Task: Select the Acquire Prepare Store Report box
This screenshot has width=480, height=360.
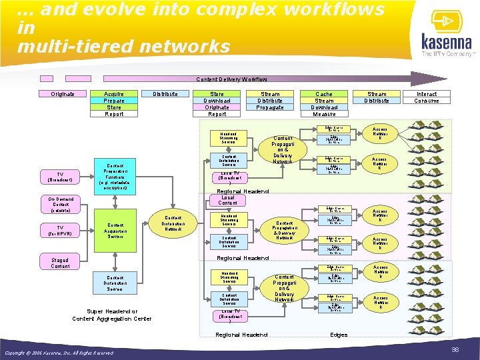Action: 114,104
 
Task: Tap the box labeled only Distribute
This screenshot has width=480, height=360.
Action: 165,94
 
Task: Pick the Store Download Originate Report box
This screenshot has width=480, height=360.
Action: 217,104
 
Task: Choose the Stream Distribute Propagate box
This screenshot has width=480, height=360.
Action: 270,101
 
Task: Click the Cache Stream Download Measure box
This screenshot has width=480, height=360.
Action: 324,104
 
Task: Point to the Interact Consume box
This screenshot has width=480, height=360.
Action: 427,97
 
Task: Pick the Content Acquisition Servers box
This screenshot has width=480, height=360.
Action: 114,230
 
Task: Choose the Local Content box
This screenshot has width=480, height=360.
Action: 227,200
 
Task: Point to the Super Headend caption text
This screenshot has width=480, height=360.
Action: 111,315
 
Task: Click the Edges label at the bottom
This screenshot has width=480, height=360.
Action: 339,334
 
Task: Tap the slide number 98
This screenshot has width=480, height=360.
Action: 455,349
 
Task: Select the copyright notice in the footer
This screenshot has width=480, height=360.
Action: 59,353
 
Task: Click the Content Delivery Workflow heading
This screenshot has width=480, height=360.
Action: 231,79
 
